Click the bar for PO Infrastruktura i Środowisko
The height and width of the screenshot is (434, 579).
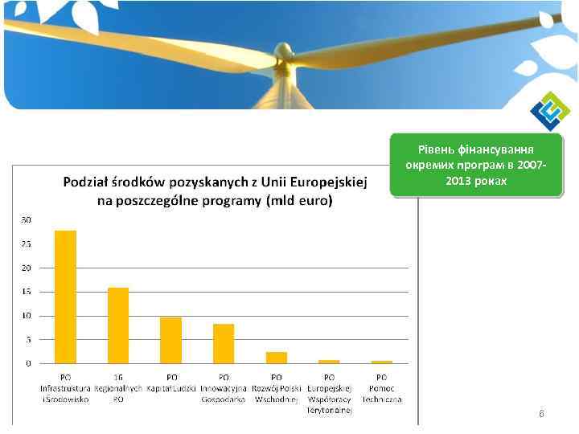tap(65, 297)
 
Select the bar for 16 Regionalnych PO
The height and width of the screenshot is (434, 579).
tap(118, 325)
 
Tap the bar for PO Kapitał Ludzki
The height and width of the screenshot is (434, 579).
tap(171, 340)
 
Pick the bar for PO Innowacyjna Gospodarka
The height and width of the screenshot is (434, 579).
tap(224, 343)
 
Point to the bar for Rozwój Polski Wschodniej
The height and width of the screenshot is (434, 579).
tap(277, 358)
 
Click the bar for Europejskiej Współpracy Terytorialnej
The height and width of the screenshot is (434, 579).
tap(329, 362)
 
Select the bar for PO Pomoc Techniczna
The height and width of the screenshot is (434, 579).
tap(382, 362)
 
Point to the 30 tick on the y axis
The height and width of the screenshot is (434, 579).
tap(27, 219)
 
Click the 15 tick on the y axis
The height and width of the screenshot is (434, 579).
tap(27, 292)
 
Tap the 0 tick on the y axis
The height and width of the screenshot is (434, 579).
tap(29, 363)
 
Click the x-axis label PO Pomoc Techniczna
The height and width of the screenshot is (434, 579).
tap(382, 387)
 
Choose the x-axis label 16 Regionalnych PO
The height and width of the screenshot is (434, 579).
tap(118, 387)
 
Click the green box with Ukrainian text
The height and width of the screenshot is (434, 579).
tap(475, 165)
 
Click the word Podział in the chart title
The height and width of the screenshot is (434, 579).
tap(86, 183)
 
